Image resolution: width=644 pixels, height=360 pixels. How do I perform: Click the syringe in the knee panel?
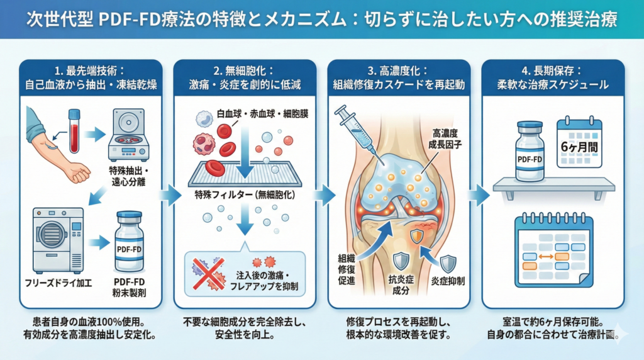[357, 130]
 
